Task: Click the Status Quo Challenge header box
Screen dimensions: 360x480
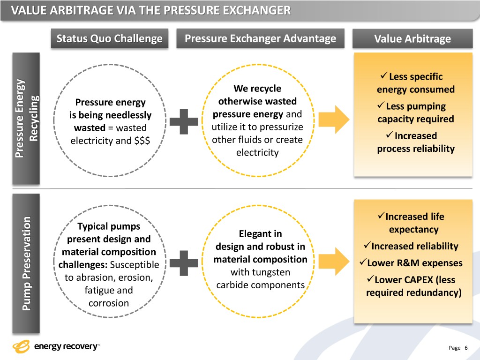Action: coord(109,38)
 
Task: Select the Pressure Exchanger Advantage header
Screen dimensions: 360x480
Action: coord(260,38)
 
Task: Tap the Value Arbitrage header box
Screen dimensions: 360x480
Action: coord(412,39)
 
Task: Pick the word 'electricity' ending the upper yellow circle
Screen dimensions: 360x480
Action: coord(257,153)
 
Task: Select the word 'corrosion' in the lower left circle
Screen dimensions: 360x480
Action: coord(108,303)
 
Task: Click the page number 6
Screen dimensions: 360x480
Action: coord(466,348)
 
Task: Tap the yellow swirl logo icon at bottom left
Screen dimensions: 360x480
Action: coord(22,347)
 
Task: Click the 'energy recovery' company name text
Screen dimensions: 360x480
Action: coord(66,347)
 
